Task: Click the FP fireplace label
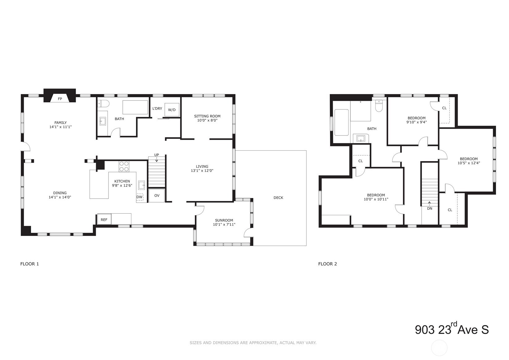pos(60,99)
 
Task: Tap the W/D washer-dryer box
pos(172,110)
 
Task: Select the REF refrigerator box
pos(104,220)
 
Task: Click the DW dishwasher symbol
pos(139,197)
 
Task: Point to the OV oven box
pos(157,195)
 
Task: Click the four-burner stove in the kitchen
pos(124,166)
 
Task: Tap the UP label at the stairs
pos(157,155)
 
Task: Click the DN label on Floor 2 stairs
pos(430,208)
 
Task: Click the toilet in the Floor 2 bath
pos(379,106)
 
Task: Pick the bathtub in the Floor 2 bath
pos(341,122)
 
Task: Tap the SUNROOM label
pos(224,221)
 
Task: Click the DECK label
pos(278,198)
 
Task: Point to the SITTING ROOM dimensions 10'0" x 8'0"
pos(207,120)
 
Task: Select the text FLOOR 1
pos(30,264)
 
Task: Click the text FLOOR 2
pos(328,264)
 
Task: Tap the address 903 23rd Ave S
pos(452,329)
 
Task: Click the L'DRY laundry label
pos(157,109)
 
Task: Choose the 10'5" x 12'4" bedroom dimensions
pos(469,163)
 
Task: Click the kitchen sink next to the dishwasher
pos(142,185)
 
